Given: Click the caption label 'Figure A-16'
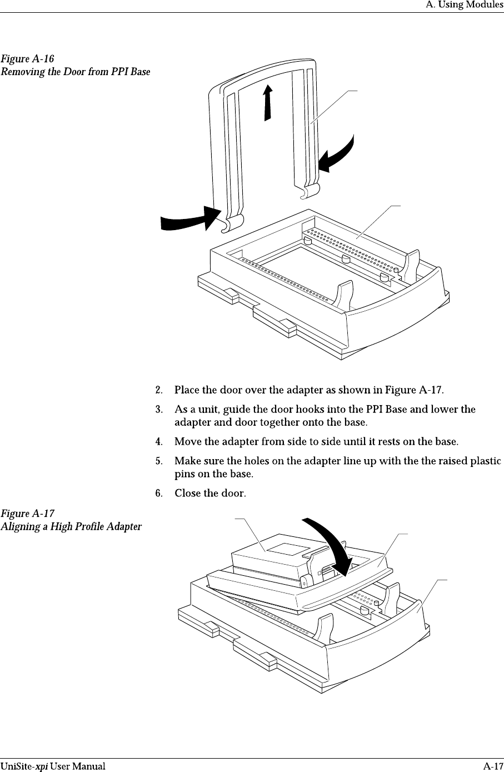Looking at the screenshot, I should pos(27,58).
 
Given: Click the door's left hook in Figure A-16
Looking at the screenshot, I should pos(232,223).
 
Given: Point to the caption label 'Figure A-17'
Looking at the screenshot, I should pos(27,513).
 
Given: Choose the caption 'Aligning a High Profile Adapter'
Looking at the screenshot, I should pos(71,526).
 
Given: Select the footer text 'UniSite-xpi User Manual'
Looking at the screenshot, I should pos(52,766).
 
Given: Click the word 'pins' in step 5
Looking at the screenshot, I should pos(184,474).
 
